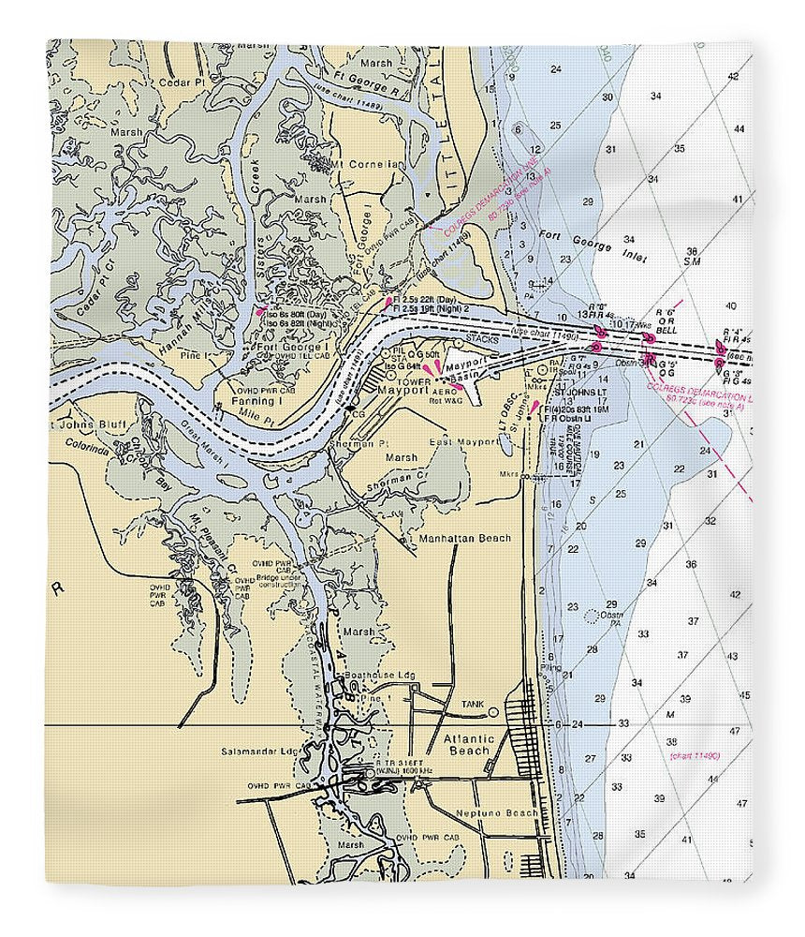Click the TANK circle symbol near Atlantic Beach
click(x=492, y=712)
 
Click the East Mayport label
click(x=464, y=441)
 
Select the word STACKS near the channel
click(x=482, y=340)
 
